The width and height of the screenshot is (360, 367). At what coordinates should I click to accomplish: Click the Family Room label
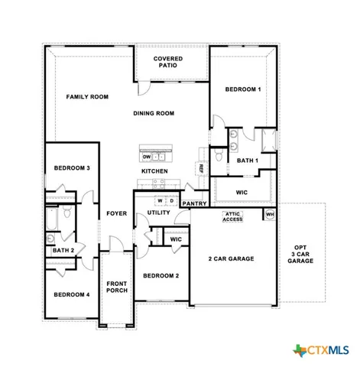[x=86, y=97]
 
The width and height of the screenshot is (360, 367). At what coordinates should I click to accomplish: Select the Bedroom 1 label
[x=242, y=90]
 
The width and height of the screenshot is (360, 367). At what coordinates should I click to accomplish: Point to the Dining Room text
[x=154, y=113]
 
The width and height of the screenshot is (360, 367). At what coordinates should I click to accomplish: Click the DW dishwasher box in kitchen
[x=148, y=157]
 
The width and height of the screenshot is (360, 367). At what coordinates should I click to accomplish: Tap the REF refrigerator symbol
[x=201, y=168]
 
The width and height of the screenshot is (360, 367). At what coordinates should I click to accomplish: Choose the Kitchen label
[x=154, y=171]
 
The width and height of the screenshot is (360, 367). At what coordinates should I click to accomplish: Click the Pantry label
[x=194, y=203]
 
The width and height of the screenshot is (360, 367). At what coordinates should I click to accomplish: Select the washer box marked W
[x=161, y=201]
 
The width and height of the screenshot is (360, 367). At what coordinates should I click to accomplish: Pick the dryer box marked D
[x=172, y=201]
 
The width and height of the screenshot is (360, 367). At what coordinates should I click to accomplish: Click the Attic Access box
[x=232, y=217]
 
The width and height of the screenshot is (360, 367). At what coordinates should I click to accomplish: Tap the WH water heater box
[x=269, y=215]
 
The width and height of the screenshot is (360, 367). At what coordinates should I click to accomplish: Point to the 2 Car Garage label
[x=232, y=258]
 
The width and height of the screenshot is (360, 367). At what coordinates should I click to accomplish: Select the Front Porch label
[x=116, y=286]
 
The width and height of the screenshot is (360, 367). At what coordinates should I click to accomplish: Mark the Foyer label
[x=116, y=214]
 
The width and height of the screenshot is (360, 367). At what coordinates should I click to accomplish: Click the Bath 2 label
[x=63, y=250]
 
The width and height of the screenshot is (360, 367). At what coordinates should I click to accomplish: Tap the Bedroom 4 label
[x=72, y=294]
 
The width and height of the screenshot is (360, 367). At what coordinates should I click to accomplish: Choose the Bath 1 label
[x=247, y=161]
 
